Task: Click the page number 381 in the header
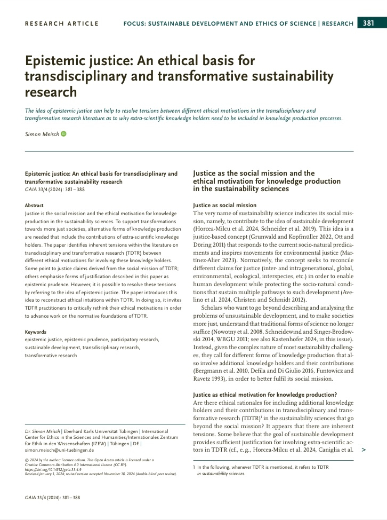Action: [368, 23]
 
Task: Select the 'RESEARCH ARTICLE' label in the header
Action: [62, 23]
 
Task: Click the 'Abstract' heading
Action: [35, 205]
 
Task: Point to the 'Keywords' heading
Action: [36, 332]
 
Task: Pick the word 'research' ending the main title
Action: [51, 92]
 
